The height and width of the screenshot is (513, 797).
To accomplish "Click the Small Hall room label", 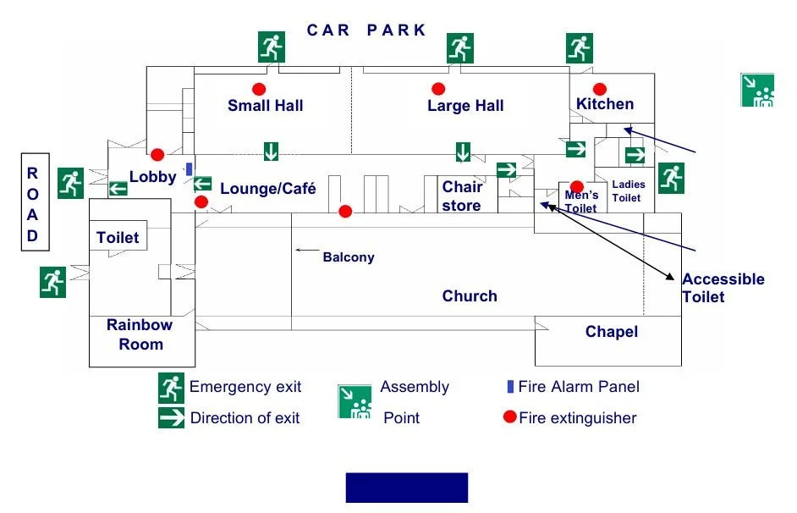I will [x=265, y=105].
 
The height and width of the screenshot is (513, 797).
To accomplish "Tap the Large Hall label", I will [x=465, y=106].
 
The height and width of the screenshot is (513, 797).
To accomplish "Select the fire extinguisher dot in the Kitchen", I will [x=600, y=89].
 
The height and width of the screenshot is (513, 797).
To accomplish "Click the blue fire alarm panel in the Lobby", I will [x=189, y=168].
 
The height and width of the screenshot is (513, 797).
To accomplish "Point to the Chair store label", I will [x=461, y=196].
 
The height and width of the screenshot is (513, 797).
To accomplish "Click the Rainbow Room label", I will [x=140, y=334].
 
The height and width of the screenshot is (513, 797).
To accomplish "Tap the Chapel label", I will [x=611, y=332].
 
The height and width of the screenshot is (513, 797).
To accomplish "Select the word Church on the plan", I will [x=470, y=295].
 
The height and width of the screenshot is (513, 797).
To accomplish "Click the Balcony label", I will [x=348, y=257].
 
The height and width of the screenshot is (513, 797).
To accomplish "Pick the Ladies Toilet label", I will [x=628, y=190].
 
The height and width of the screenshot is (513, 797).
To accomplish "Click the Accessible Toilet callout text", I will [x=723, y=288].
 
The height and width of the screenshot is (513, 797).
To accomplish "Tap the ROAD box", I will [x=32, y=204].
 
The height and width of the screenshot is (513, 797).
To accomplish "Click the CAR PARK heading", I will [x=366, y=30].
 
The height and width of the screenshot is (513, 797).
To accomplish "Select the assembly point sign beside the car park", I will [x=758, y=90].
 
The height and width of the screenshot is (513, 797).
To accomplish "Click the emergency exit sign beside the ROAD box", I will [x=71, y=183].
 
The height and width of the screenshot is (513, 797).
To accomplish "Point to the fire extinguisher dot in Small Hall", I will [x=259, y=89].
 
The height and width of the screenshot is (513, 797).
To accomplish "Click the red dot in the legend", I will [x=509, y=417].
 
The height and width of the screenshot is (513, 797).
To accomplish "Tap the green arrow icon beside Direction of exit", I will [x=171, y=417].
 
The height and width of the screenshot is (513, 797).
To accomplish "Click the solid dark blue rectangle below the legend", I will [x=406, y=488].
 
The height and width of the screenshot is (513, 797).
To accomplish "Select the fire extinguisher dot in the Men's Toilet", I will [x=576, y=186].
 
